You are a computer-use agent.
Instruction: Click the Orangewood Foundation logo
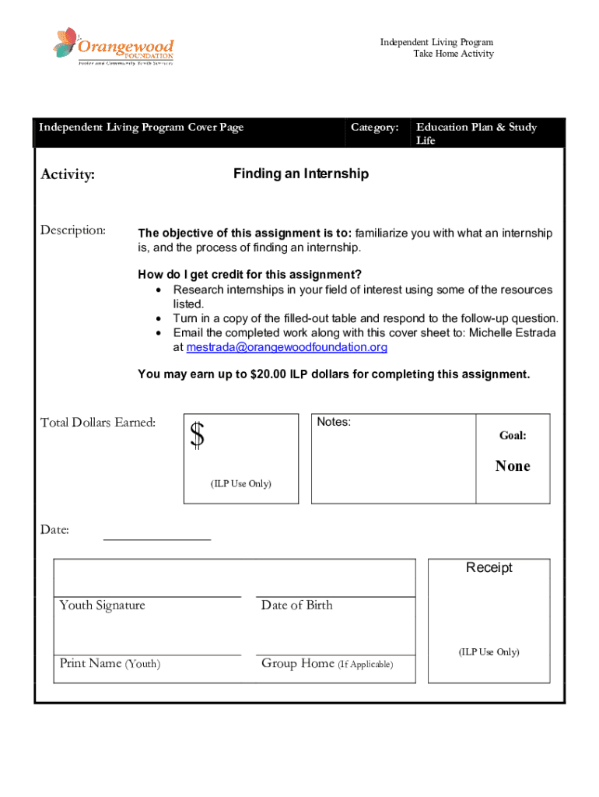tap(114, 47)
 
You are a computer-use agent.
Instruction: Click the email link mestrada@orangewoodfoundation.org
tap(287, 347)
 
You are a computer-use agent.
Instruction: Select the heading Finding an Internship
tap(300, 174)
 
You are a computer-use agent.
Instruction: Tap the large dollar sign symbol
tap(198, 435)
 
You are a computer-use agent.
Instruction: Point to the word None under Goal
tap(513, 466)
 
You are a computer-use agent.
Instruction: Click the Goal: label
tap(513, 436)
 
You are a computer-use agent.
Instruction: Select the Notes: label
tap(334, 422)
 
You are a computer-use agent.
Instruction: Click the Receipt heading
tap(489, 567)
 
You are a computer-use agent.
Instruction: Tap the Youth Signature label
tap(102, 606)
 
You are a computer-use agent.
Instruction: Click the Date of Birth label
tap(296, 606)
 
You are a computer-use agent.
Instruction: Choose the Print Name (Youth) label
tap(110, 664)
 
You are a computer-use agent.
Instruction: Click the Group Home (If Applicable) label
tap(327, 664)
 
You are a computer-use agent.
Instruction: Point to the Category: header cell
tap(374, 127)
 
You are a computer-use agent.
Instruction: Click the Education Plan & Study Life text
tap(476, 133)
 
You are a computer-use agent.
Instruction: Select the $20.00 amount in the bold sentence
tap(268, 374)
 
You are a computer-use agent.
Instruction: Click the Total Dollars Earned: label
tap(98, 423)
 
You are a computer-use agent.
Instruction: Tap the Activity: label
tap(68, 175)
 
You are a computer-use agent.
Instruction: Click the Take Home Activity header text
tap(453, 54)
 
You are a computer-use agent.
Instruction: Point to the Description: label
tap(73, 230)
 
